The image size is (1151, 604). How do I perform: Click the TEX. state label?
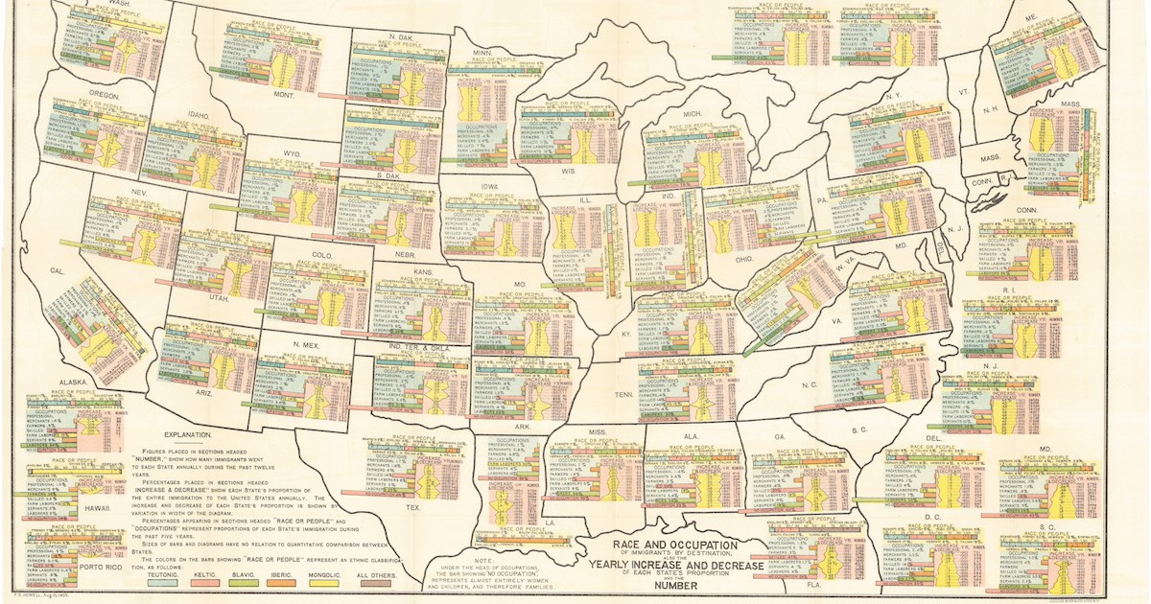click(413, 507)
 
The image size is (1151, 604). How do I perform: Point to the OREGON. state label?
click(104, 96)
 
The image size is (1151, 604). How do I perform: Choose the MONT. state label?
click(256, 95)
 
